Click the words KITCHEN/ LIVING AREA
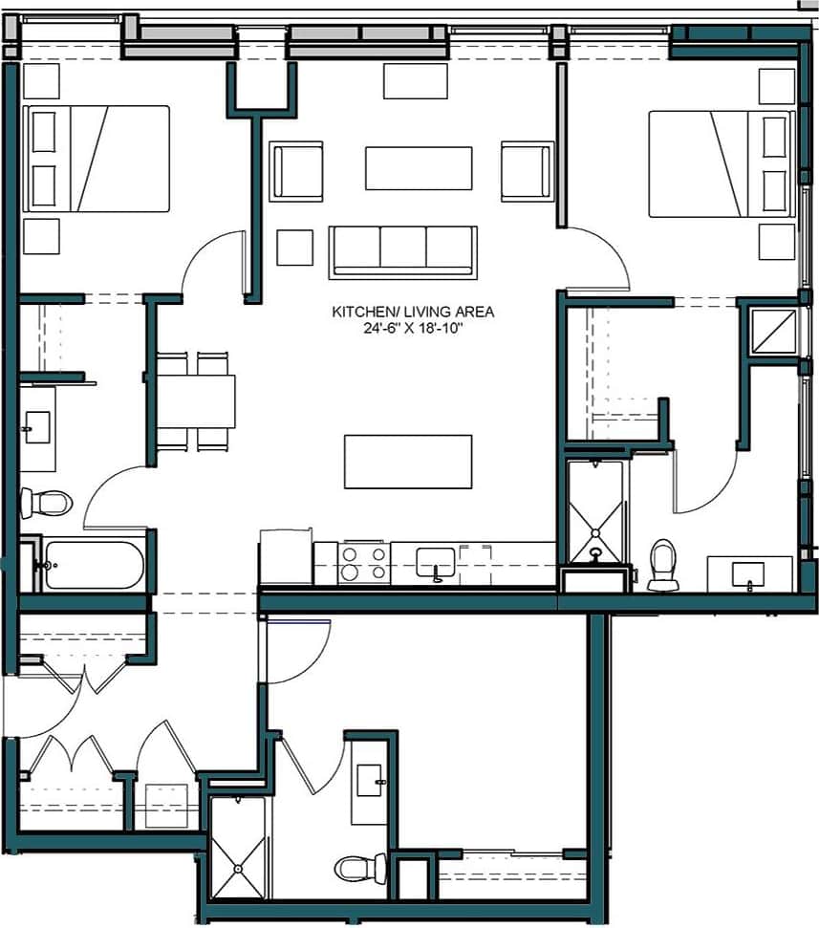point(413,312)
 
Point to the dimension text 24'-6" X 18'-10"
point(413,328)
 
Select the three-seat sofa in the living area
point(402,251)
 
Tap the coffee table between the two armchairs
point(419,168)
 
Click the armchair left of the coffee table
point(296,171)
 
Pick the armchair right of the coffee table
point(527,171)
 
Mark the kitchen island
point(408,462)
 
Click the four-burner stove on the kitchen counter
point(364,562)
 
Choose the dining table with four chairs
point(195,401)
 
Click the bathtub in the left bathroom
point(93,565)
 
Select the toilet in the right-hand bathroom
point(662,564)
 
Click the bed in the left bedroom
point(96,159)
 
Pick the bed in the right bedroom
point(722,163)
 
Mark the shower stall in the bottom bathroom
point(237,848)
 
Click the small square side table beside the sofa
point(294,248)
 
